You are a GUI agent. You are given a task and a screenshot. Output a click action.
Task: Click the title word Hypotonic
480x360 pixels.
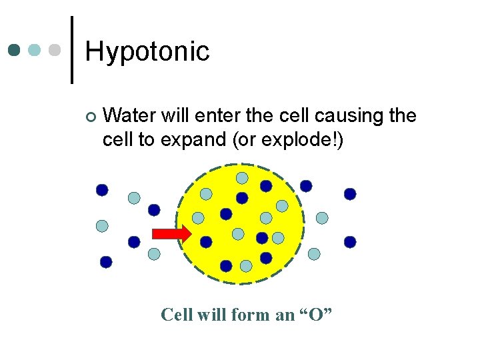[x=147, y=51]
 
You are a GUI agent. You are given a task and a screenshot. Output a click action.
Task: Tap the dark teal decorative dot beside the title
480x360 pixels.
[x=15, y=51]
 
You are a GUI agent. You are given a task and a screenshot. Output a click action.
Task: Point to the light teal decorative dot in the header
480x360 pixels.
[x=35, y=51]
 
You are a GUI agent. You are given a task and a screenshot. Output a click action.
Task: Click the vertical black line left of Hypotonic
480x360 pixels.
[x=72, y=50]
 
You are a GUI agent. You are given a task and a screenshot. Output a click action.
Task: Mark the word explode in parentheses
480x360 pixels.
[x=297, y=140]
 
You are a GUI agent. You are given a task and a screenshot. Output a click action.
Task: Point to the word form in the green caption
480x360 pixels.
[x=251, y=314]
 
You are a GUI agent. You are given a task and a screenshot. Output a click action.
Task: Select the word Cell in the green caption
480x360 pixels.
[x=176, y=314]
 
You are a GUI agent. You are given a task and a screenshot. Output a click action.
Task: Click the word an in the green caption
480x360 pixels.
[x=284, y=314]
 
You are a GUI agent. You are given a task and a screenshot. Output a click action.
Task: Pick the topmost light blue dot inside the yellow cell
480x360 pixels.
[x=242, y=178]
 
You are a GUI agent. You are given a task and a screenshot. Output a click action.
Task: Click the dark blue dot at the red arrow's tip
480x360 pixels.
[x=206, y=241]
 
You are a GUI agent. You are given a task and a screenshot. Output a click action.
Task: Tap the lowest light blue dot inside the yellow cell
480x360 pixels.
[x=245, y=266]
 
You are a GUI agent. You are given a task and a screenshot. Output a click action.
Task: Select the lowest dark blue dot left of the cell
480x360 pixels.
[x=105, y=262]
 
